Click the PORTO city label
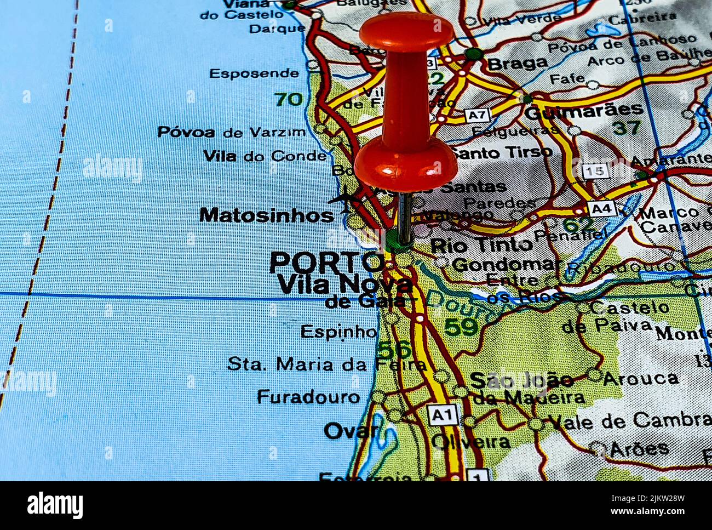click(326, 263)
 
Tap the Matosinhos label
click(266, 215)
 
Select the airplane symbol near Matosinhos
click(344, 200)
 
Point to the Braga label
click(517, 64)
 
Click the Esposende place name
click(254, 73)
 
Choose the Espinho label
click(338, 332)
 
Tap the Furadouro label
click(308, 397)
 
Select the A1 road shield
click(443, 415)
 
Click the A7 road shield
click(477, 115)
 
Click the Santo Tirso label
click(503, 152)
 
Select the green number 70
click(288, 99)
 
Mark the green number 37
click(626, 128)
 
